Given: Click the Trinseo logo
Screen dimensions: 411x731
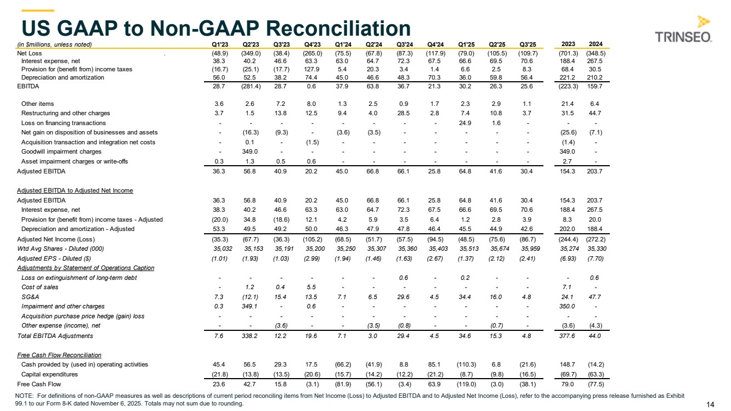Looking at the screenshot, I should [684, 30].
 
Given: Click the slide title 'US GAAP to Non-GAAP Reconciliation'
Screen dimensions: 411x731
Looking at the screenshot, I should [215, 27].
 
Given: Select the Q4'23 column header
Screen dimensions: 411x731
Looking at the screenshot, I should [312, 44].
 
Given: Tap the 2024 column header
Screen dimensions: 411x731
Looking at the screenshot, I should [596, 44].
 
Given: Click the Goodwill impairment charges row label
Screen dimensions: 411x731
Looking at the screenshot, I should [61, 151].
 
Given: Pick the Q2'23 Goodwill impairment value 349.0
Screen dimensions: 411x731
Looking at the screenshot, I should [250, 151].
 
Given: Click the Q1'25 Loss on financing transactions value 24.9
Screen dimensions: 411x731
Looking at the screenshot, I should [466, 123].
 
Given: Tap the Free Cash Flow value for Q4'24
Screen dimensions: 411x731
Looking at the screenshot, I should [435, 384].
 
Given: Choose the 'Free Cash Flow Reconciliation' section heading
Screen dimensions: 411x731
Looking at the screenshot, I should [59, 355].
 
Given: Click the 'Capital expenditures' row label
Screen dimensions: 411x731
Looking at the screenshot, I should [49, 374].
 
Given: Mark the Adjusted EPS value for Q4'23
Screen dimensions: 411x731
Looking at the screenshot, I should [312, 258].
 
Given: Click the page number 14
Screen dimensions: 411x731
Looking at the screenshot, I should [710, 404].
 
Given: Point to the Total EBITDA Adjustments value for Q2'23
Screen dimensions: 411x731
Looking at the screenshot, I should [250, 336].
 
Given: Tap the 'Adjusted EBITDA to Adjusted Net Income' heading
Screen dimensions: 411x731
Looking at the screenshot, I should [75, 190].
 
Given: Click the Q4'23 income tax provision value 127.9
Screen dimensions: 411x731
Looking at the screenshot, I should [312, 69].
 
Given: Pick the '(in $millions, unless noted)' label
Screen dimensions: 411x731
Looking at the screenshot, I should [54, 44].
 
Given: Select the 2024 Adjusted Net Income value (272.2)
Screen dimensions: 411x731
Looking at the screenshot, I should [595, 239].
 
